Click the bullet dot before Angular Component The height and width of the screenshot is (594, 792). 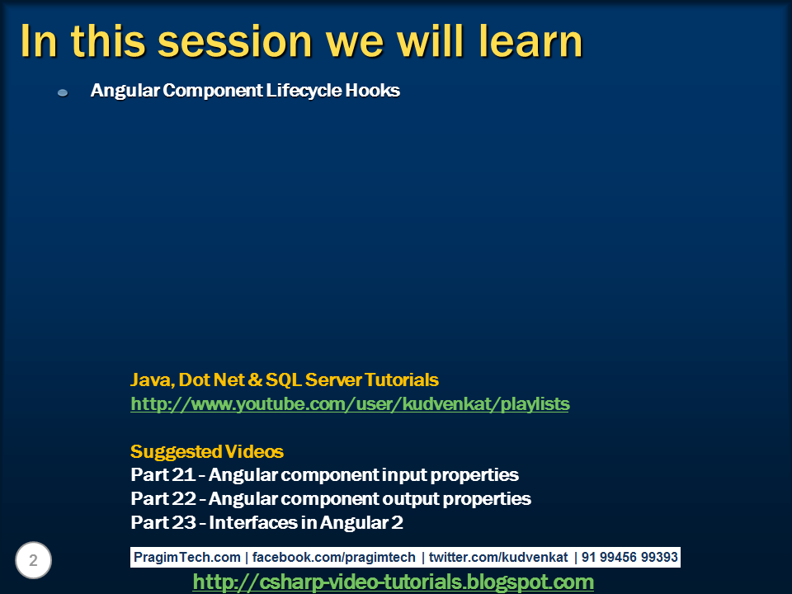tap(63, 92)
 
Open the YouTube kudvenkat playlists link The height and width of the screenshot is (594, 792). tap(350, 404)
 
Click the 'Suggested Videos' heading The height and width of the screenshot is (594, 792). tap(207, 452)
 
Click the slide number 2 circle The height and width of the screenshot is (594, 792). tap(33, 561)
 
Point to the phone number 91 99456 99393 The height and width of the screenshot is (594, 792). tap(629, 557)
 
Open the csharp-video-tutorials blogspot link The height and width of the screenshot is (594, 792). tap(393, 582)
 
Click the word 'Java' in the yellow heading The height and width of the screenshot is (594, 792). tap(149, 380)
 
